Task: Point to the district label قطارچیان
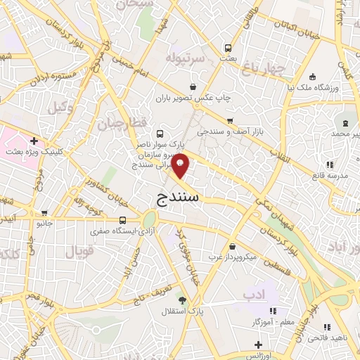click(115, 124)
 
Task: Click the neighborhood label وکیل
click(62, 107)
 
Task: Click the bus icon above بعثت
click(228, 48)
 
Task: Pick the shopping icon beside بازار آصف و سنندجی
click(229, 121)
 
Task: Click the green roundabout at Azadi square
click(149, 218)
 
